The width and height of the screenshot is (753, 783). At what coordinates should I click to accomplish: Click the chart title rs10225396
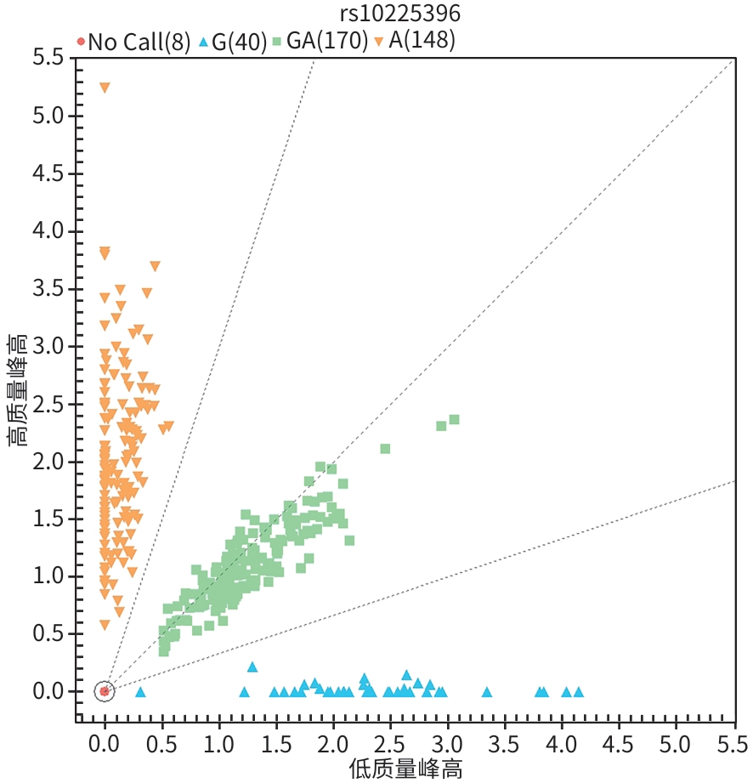(x=400, y=14)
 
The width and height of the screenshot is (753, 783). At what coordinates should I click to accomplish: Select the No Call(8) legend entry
(x=133, y=42)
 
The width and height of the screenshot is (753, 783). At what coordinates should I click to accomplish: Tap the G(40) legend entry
(x=233, y=42)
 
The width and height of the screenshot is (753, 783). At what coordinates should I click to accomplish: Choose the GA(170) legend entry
(x=320, y=41)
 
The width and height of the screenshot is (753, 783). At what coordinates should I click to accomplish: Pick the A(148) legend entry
(x=415, y=41)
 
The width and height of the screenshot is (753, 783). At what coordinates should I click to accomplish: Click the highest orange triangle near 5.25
(x=105, y=88)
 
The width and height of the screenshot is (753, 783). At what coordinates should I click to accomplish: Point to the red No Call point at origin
(x=105, y=691)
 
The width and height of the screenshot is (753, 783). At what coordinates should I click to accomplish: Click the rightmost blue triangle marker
(x=578, y=692)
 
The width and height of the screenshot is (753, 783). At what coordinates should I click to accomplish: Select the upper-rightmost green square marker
(x=454, y=419)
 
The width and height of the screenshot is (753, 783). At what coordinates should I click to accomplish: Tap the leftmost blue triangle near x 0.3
(x=140, y=692)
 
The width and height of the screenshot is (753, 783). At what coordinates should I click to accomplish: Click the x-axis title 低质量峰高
(x=405, y=769)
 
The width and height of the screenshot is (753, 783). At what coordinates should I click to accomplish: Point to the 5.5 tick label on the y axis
(x=48, y=58)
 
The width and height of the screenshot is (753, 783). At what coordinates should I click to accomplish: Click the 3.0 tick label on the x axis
(x=447, y=745)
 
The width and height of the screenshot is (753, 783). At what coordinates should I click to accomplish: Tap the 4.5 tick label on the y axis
(x=48, y=173)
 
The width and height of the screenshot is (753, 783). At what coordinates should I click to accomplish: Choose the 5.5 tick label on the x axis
(x=733, y=745)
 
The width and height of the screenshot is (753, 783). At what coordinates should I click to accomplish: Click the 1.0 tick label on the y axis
(x=48, y=576)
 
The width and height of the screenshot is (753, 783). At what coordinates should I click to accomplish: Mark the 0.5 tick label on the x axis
(x=161, y=745)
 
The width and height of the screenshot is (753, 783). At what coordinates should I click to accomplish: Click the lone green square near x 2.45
(x=385, y=449)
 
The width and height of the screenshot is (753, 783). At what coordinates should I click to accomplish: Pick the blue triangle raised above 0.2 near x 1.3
(x=252, y=667)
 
